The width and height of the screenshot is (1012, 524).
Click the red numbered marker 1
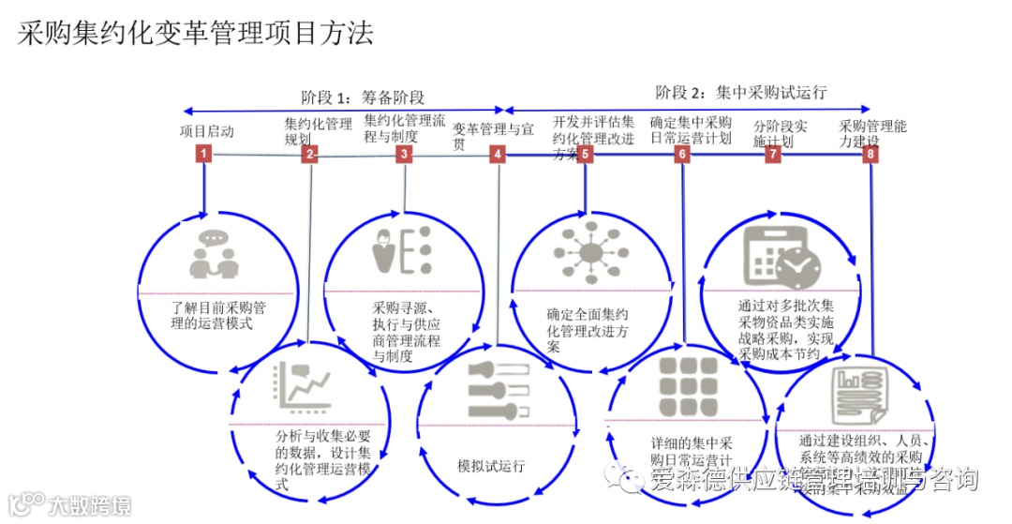click(x=203, y=155)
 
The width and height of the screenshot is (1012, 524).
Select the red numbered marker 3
click(x=404, y=155)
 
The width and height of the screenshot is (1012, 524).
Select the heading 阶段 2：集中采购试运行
click(x=740, y=92)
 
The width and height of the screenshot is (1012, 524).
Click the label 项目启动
click(x=207, y=130)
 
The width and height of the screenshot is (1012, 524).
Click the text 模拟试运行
click(x=491, y=466)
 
